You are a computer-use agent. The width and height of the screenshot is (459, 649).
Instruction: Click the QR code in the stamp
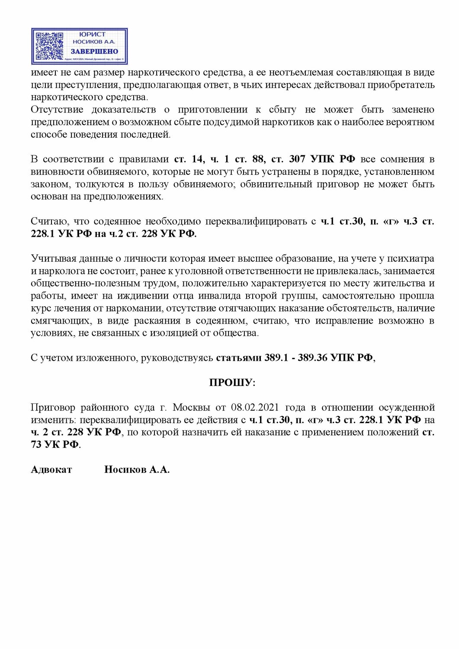point(49,46)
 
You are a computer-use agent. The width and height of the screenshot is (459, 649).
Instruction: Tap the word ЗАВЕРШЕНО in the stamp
point(94,51)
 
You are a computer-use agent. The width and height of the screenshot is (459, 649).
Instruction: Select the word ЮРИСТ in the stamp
point(93,34)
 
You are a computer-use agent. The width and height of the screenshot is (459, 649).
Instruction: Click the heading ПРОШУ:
point(232,382)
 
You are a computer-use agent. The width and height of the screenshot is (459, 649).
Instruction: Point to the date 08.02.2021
point(255,407)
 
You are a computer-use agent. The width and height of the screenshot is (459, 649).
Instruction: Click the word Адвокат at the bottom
point(51,469)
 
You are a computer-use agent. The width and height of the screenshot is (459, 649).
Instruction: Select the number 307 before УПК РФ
point(297,159)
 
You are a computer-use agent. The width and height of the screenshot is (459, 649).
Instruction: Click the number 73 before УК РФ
point(36,444)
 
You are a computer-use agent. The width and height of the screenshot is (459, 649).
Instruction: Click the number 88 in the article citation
point(259,159)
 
